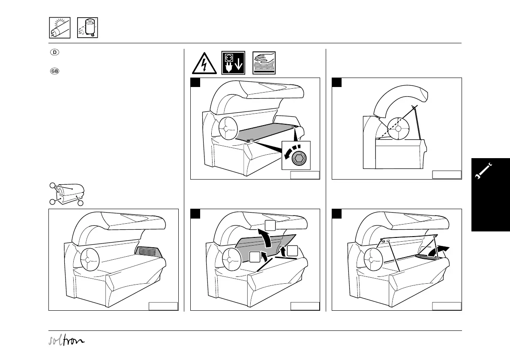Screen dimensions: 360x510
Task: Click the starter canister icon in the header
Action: click(87, 28)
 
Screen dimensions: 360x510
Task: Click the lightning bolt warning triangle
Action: click(203, 63)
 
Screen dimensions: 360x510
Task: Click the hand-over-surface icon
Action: click(264, 63)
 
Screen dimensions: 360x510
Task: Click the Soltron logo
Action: click(66, 341)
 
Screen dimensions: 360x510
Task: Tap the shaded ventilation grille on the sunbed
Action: click(150, 252)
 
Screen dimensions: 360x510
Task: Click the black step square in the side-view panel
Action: click(336, 82)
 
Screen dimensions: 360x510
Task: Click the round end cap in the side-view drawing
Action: click(398, 128)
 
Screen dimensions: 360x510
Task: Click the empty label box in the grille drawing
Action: click(163, 306)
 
